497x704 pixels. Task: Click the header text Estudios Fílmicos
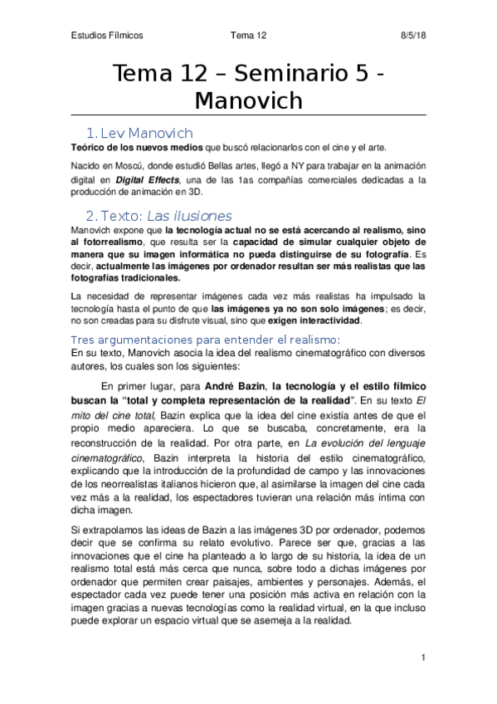tap(106, 36)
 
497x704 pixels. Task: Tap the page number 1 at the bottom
tap(423, 658)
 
